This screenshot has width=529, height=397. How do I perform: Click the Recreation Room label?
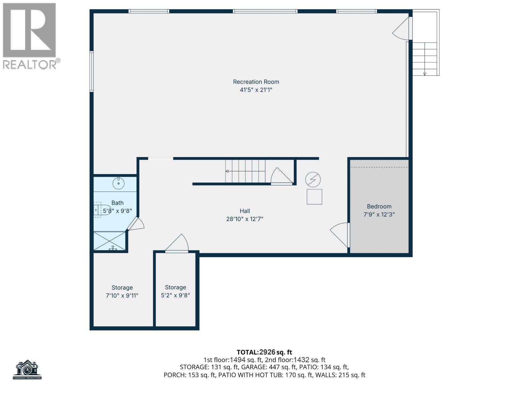pyautogui.click(x=256, y=82)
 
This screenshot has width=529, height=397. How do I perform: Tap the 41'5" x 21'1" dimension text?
pyautogui.click(x=256, y=90)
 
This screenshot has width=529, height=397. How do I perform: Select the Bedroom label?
pyautogui.click(x=379, y=206)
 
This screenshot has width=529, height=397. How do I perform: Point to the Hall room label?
pyautogui.click(x=245, y=211)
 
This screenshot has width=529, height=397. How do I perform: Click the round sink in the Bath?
pyautogui.click(x=119, y=184)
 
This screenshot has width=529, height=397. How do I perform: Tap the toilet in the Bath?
pyautogui.click(x=102, y=210)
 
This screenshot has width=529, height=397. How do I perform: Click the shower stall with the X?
pyautogui.click(x=110, y=241)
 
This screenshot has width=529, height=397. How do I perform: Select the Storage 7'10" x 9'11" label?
pyautogui.click(x=122, y=291)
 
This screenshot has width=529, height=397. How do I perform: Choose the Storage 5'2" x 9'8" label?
pyautogui.click(x=176, y=291)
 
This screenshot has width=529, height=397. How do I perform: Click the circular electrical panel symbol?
pyautogui.click(x=313, y=180)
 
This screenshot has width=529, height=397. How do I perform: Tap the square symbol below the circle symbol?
pyautogui.click(x=314, y=197)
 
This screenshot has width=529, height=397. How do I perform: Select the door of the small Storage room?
pyautogui.click(x=177, y=243)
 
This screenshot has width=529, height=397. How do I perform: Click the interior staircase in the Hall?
pyautogui.click(x=245, y=171)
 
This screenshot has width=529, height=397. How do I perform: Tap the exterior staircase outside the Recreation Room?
pyautogui.click(x=425, y=59)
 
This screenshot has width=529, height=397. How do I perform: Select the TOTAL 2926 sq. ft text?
pyautogui.click(x=264, y=352)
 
